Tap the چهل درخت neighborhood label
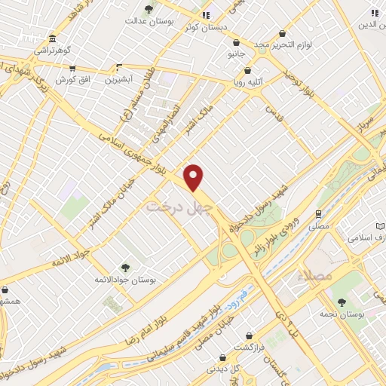tap(181, 204)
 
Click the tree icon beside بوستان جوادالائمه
tap(125, 267)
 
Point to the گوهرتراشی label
tap(51, 51)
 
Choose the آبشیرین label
tap(118, 78)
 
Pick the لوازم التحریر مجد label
tap(282, 45)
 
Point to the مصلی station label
tap(320, 225)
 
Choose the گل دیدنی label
tap(224, 369)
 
